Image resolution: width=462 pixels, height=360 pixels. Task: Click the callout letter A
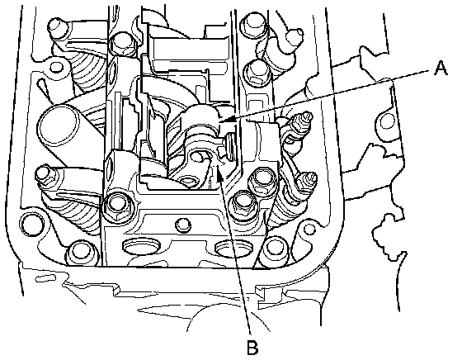(441, 68)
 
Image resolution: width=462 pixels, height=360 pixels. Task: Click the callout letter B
(252, 348)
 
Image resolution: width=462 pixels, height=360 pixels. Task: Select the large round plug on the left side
(59, 124)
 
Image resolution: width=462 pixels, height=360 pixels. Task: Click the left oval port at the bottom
(141, 247)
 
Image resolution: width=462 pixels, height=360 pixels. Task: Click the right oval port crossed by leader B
(233, 247)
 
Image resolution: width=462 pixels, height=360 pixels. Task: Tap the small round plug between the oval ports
(182, 225)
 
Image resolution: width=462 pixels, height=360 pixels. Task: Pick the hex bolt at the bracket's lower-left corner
(116, 206)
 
